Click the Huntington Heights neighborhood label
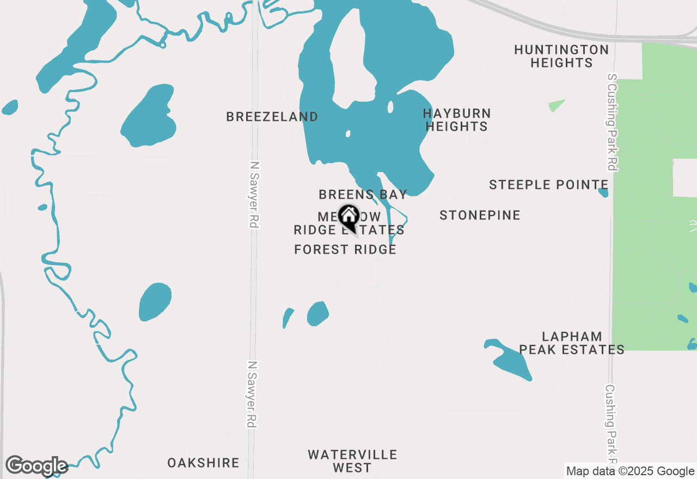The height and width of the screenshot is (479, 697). [x=561, y=56]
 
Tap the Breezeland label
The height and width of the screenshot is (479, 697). [x=272, y=116]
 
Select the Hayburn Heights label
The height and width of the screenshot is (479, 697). [x=456, y=120]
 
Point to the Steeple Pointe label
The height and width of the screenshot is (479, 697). [x=548, y=185]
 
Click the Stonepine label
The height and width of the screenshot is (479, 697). [x=480, y=215]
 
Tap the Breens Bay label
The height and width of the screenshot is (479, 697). [x=363, y=194]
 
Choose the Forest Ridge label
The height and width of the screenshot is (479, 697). [x=345, y=249]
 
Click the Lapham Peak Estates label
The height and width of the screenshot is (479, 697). [x=571, y=343]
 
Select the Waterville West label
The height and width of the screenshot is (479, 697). [x=352, y=461]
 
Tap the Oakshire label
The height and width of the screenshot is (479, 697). [x=203, y=463]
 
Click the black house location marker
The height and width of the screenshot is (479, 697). [x=348, y=217]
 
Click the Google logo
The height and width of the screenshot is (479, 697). [x=36, y=466]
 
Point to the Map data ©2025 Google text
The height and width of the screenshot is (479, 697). [x=630, y=471]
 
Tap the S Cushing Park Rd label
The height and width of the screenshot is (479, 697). [x=612, y=122]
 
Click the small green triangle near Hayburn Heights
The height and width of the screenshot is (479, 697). [x=556, y=105]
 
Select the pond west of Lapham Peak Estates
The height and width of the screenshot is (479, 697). [x=509, y=360]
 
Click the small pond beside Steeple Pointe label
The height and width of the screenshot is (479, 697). [x=603, y=192]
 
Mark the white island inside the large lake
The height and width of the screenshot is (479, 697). [x=352, y=60]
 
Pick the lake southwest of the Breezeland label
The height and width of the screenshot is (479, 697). [x=148, y=116]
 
